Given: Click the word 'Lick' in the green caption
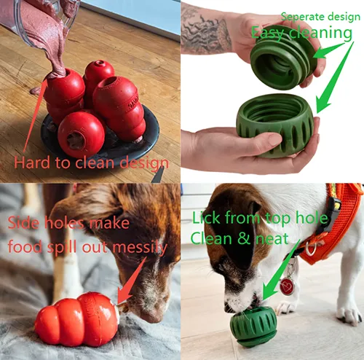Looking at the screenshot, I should tap(207, 218).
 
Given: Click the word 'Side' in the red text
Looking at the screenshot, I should tap(24, 224).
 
